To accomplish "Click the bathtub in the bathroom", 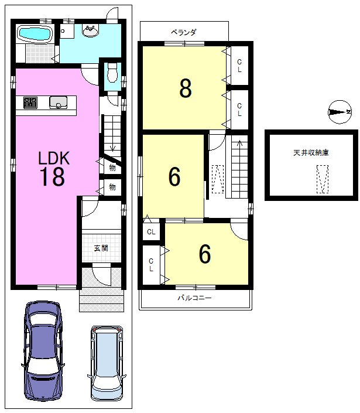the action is pyautogui.click(x=35, y=34).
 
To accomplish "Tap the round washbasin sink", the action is pyautogui.click(x=91, y=30).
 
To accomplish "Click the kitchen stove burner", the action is pyautogui.click(x=30, y=103).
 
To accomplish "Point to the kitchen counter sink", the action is pyautogui.click(x=58, y=102).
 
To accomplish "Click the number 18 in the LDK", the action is pyautogui.click(x=52, y=177).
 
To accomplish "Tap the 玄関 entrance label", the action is pyautogui.click(x=101, y=248).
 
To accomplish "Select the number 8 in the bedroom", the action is pyautogui.click(x=186, y=88).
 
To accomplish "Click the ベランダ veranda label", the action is pyautogui.click(x=184, y=32).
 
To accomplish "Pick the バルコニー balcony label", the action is pyautogui.click(x=194, y=298).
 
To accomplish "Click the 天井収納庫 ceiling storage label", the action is pyautogui.click(x=311, y=152).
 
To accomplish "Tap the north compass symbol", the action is pyautogui.click(x=340, y=112).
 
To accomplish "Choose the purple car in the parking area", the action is pyautogui.click(x=43, y=351).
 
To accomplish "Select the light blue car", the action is pyautogui.click(x=107, y=363).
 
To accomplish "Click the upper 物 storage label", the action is pyautogui.click(x=112, y=168).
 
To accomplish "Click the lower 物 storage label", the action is pyautogui.click(x=112, y=187).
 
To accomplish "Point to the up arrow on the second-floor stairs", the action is pyautogui.click(x=239, y=144).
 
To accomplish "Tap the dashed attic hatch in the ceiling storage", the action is pyautogui.click(x=323, y=179).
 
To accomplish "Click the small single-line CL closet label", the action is pyautogui.click(x=151, y=232).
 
